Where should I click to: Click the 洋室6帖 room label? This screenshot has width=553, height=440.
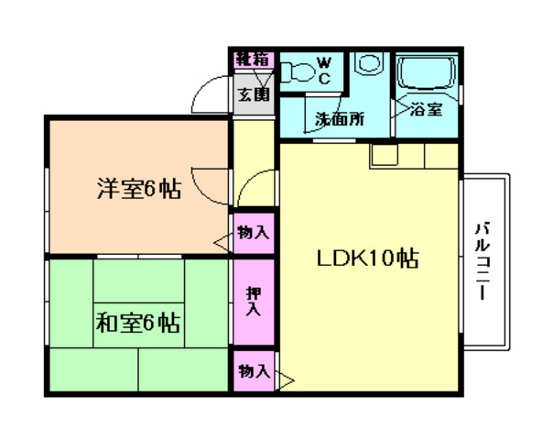pos(137,190)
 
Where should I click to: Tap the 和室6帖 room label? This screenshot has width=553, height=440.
pos(137,323)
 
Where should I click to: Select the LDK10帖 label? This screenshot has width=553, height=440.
pos(368,259)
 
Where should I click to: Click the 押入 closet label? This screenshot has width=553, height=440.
pos(253,302)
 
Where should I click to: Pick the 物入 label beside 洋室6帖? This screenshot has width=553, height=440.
pos(253,232)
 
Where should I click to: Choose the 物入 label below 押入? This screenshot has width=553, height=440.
pos(254,371)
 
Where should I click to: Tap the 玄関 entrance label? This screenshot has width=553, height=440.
pos(254,93)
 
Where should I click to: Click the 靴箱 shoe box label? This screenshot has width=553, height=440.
pos(252,60)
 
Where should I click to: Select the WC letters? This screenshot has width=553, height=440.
pos(323,71)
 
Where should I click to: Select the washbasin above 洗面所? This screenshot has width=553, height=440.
pos(370,67)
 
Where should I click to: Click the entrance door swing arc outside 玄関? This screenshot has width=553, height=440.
pos(212,92)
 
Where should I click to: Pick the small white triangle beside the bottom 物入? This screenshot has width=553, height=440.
pos(285,377)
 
